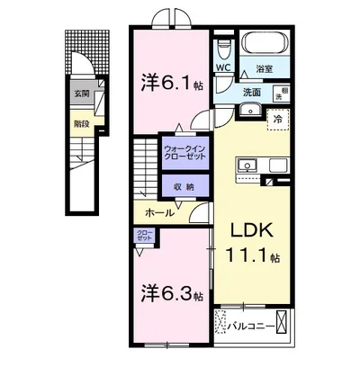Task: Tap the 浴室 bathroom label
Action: point(264,68)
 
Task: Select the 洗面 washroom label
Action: point(251,93)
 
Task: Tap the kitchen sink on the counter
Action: point(247,165)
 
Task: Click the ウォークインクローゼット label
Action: point(184,150)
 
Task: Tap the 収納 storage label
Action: point(184,186)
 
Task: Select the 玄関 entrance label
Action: point(81,92)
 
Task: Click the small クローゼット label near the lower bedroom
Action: point(144,237)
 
